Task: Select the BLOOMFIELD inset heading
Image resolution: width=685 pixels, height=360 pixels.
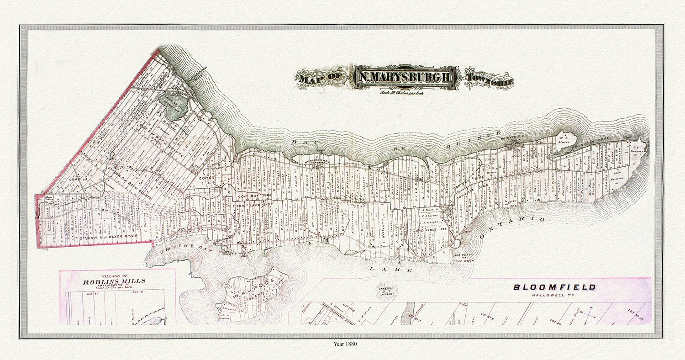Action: [554, 287]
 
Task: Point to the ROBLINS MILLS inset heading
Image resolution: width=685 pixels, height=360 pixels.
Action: [114, 282]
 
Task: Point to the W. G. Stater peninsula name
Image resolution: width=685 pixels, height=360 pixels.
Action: [564, 139]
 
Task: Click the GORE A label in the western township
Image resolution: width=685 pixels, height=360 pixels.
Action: [75, 181]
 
